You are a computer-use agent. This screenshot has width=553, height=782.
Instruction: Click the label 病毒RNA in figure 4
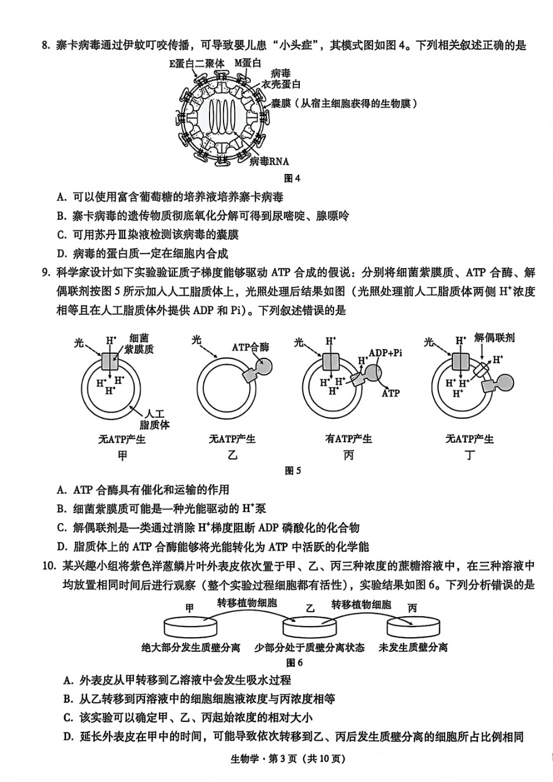[x=269, y=161]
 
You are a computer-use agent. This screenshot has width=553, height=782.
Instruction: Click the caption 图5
[x=293, y=471]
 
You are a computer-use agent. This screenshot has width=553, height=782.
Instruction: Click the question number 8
[x=46, y=45]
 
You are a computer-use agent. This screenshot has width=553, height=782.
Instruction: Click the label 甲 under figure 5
[x=122, y=456]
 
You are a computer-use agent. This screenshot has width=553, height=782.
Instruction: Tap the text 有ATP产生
[x=349, y=439]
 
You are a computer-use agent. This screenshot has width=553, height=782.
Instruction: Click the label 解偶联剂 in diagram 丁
[x=494, y=338]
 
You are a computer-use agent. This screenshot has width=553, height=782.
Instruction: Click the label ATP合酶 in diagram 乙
[x=250, y=347]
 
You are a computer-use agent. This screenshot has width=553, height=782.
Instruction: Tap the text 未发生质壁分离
[x=413, y=647]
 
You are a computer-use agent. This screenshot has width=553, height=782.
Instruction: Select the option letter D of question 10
[x=68, y=737]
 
